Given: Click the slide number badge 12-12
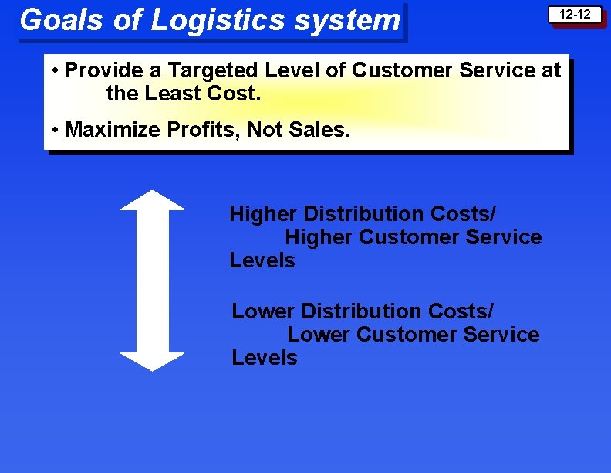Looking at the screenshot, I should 575,15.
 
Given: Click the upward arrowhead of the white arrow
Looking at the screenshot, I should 153,200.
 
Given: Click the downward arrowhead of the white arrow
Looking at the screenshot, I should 153,361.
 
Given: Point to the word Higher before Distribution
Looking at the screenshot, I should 263,213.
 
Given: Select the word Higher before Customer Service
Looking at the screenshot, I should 319,237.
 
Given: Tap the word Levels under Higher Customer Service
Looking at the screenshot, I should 262,260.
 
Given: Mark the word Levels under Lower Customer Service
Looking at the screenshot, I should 265,358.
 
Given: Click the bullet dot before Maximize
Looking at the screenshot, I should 56,130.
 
